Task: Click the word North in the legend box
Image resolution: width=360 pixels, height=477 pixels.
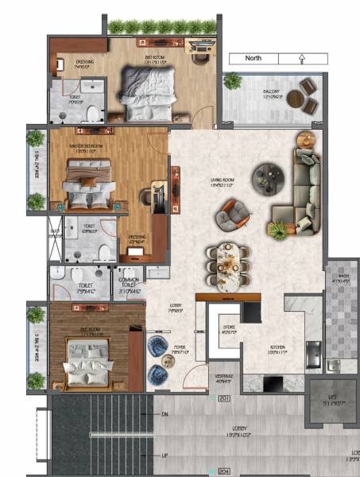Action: (x=253, y=58)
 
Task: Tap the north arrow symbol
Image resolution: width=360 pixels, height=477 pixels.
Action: (x=302, y=58)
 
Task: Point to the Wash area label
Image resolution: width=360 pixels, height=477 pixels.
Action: (x=340, y=280)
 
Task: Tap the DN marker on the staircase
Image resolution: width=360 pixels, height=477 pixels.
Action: (x=165, y=414)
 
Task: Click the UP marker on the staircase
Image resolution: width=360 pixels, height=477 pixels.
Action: (x=165, y=456)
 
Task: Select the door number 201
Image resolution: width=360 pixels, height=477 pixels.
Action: (x=224, y=397)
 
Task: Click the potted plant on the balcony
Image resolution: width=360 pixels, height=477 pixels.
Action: (x=233, y=81)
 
